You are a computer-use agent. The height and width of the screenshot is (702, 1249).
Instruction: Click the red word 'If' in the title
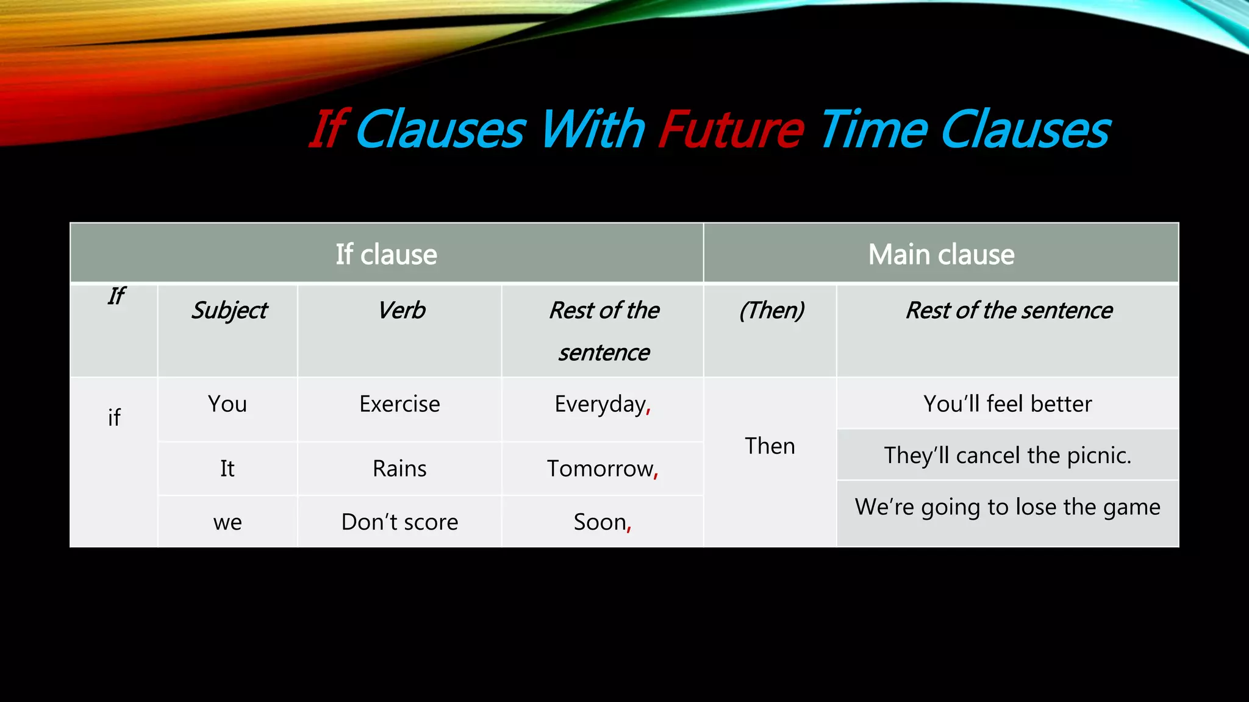(x=328, y=129)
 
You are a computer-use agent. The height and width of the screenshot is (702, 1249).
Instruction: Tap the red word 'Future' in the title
(x=731, y=129)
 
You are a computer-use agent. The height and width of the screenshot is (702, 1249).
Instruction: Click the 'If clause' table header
(x=386, y=254)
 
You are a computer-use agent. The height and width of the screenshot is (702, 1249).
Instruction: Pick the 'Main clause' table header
(x=941, y=254)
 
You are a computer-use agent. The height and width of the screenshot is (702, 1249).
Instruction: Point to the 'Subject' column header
(x=229, y=311)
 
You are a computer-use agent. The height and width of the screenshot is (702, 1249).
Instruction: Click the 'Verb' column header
(x=401, y=311)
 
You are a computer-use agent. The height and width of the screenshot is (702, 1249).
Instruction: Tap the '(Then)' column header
(x=771, y=311)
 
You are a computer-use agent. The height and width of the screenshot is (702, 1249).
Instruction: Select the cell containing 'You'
(x=227, y=404)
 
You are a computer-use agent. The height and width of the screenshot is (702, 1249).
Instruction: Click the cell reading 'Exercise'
(x=399, y=404)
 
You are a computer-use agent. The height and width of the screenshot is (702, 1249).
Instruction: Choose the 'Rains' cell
(x=399, y=469)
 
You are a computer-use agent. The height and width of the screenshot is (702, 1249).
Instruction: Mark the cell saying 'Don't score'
(x=399, y=522)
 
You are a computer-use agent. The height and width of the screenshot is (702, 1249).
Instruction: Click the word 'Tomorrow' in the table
(x=599, y=469)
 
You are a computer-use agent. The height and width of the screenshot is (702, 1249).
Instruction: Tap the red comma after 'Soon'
(x=629, y=528)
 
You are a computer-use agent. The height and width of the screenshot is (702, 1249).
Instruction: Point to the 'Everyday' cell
(x=601, y=405)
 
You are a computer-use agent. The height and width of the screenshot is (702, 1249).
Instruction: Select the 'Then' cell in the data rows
(x=770, y=446)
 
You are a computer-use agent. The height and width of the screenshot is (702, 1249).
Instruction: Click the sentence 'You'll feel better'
(x=1007, y=404)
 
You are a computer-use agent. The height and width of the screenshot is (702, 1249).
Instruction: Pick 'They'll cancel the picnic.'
(x=1007, y=455)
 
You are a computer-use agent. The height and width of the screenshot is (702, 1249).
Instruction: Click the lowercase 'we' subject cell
(x=227, y=523)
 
